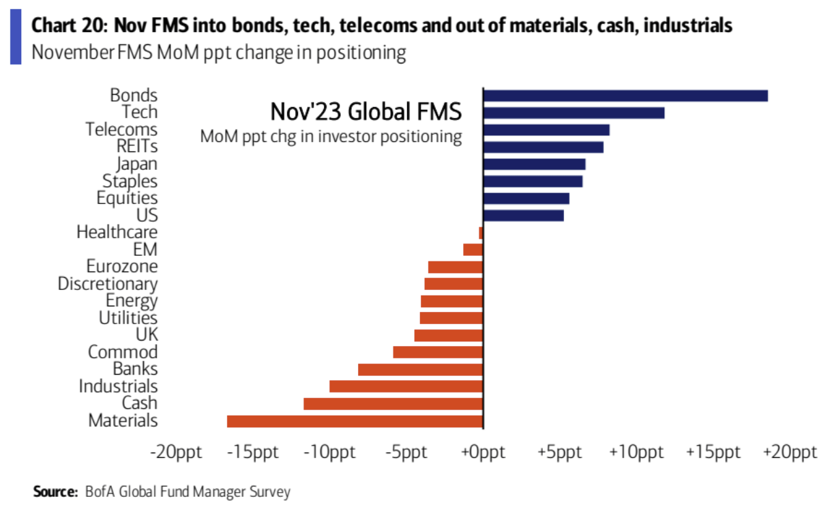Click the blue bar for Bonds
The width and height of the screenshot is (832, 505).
tap(625, 96)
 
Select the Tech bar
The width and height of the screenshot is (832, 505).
tap(573, 113)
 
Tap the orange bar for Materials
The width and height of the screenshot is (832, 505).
tap(355, 421)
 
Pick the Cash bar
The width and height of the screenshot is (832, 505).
tap(393, 404)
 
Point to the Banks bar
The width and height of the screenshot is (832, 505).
tap(420, 370)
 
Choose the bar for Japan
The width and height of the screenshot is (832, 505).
tap(534, 164)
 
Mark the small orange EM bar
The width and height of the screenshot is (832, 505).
tap(473, 250)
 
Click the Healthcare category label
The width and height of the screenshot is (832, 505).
tap(117, 233)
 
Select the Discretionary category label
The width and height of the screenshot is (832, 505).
tap(108, 284)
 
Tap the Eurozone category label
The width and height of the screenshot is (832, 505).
tap(122, 267)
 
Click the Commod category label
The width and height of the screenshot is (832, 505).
tap(123, 352)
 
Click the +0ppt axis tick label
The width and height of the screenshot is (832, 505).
tap(483, 453)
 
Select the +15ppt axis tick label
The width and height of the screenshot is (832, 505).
tap(713, 453)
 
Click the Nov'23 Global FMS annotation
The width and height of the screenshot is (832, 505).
tap(366, 111)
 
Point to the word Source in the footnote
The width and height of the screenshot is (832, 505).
tap(54, 491)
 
